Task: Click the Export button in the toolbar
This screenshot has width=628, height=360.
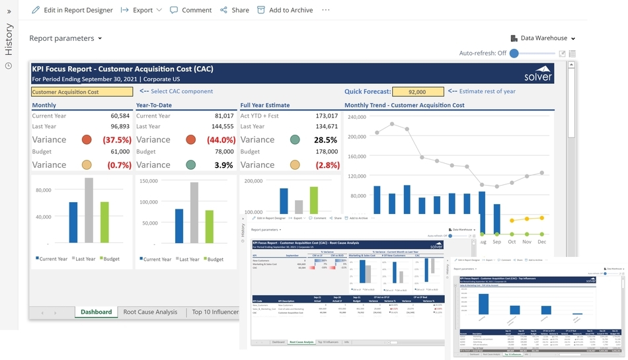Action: (x=141, y=10)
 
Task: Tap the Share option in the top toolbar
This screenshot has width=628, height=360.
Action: (x=235, y=10)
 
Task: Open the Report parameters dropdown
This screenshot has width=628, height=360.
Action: (x=65, y=38)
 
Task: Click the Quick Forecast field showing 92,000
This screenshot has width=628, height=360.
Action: (x=417, y=92)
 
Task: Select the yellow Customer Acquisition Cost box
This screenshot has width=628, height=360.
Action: (x=83, y=92)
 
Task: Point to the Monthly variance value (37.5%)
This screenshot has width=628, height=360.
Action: (x=116, y=140)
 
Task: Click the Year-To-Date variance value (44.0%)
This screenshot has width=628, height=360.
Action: (x=220, y=140)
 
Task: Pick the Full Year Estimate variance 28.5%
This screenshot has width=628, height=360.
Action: (x=325, y=140)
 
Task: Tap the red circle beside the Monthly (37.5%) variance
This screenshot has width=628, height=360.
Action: (x=87, y=140)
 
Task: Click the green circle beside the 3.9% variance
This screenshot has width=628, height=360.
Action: (x=190, y=165)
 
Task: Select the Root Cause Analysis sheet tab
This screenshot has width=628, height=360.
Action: (x=150, y=312)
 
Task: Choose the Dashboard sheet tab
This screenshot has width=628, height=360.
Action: (x=96, y=312)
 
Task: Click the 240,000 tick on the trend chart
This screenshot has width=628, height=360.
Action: (x=356, y=117)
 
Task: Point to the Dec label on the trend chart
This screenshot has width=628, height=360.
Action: (x=542, y=242)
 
